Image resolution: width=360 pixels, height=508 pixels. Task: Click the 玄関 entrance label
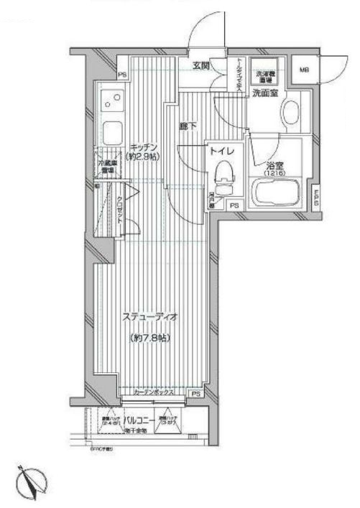coord(200,66)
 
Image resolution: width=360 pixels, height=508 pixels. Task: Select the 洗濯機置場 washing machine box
coord(264,77)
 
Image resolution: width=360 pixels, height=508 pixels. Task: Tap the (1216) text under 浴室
coord(273,172)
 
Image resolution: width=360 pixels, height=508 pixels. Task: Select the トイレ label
coord(219,152)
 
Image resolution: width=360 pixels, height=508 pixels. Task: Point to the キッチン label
coord(144,146)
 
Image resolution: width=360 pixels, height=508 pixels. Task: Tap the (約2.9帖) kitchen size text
coord(144,156)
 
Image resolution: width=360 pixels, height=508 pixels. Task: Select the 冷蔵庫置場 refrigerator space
coord(108,167)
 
